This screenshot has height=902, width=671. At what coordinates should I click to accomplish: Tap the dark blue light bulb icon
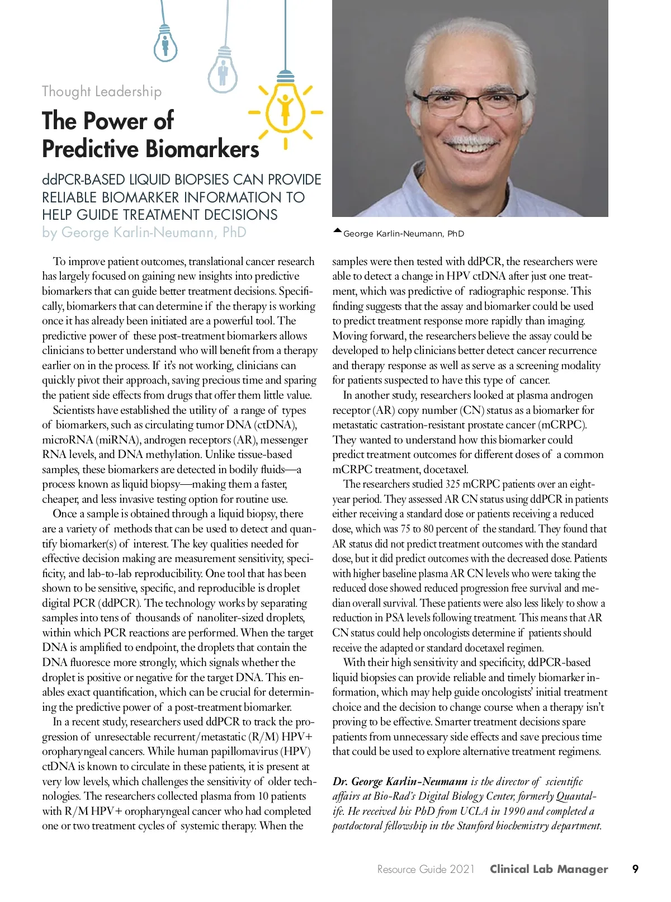click(x=165, y=45)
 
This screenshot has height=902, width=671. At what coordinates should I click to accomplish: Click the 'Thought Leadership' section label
click(x=102, y=92)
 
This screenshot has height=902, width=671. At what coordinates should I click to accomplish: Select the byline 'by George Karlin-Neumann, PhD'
click(x=144, y=232)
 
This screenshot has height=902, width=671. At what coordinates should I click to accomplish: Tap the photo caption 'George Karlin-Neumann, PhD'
click(x=403, y=234)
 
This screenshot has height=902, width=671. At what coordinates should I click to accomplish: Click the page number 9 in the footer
click(x=635, y=869)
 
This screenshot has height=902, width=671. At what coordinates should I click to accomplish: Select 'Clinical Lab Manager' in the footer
click(x=549, y=869)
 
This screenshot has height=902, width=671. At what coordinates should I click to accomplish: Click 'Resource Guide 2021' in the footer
click(x=426, y=870)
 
